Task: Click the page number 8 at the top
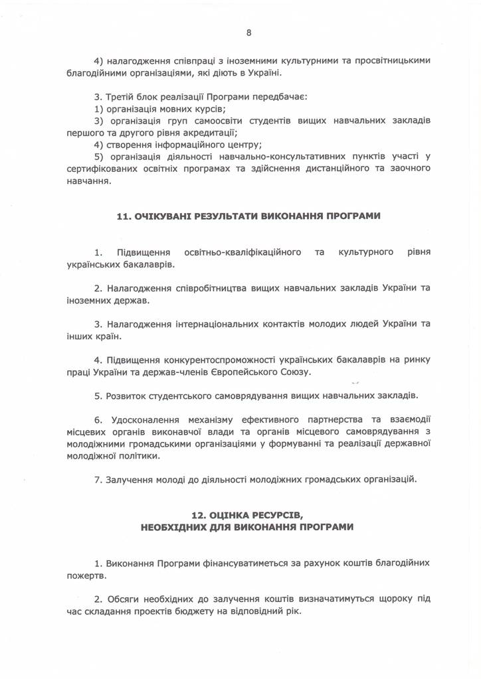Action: tap(248, 32)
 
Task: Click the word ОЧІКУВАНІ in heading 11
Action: tap(164, 218)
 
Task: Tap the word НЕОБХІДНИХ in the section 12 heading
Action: tap(175, 526)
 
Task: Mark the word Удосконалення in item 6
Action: tap(150, 420)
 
